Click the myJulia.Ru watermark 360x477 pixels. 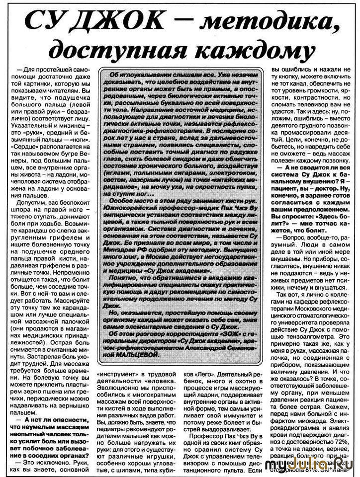312,465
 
